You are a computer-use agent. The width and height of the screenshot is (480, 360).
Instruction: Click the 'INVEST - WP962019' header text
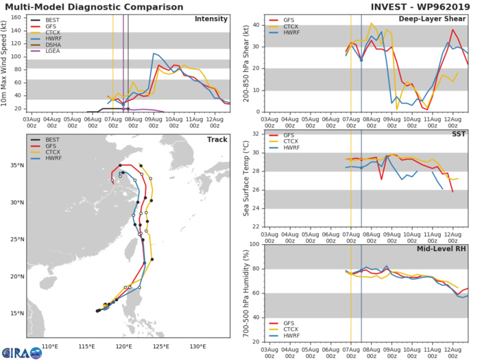tap(424, 7)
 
